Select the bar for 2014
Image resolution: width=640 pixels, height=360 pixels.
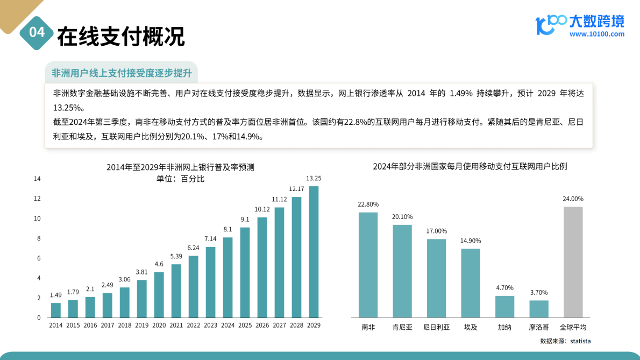[56, 310]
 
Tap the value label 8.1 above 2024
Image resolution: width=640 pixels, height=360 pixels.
[227, 229]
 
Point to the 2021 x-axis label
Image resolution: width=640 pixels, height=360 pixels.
[176, 326]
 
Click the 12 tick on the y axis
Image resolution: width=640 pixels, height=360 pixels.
[37, 199]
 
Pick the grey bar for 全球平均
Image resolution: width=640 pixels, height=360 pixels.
[573, 262]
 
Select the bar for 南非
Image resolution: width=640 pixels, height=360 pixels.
[368, 265]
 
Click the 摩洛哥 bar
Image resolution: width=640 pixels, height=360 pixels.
[539, 309]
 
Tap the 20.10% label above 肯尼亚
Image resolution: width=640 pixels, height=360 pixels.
[402, 217]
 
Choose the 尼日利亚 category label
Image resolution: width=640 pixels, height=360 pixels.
[437, 327]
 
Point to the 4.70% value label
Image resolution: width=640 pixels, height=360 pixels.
[504, 288]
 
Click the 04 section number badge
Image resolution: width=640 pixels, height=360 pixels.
[37, 33]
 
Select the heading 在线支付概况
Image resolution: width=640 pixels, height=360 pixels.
[120, 36]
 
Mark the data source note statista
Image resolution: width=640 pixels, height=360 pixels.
[566, 341]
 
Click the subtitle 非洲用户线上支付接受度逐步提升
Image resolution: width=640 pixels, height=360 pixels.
[121, 73]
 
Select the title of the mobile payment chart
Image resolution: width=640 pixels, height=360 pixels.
[470, 166]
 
